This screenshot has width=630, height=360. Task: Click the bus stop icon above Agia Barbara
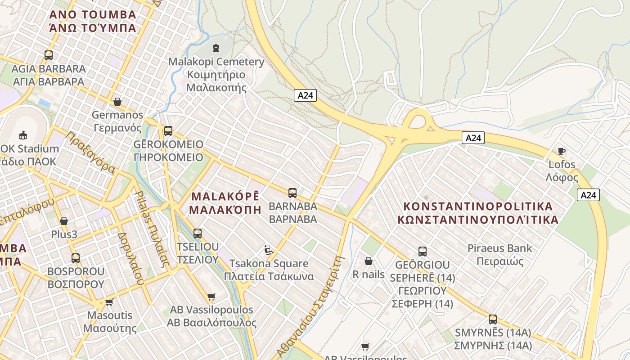[x=49, y=55]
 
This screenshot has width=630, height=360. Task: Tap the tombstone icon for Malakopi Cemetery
[x=216, y=48]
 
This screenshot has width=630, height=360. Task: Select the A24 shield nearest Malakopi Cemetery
[x=306, y=95]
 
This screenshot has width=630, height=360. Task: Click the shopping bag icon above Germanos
[x=117, y=102]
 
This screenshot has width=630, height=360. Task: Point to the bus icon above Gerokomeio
[x=168, y=131]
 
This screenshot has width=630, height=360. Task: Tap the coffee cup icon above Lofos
[x=561, y=151]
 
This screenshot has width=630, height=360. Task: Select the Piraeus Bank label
[x=499, y=255]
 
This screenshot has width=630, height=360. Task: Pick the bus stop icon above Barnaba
[x=292, y=193]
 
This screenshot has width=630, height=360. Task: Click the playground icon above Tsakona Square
[x=269, y=250]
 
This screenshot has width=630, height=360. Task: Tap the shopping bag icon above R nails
[x=369, y=261]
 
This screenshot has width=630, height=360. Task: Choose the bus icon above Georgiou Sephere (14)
[x=422, y=252]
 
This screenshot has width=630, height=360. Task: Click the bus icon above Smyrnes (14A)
[x=493, y=319]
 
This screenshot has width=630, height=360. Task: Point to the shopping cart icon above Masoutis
[x=109, y=302]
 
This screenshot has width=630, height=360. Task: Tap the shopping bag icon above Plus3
[x=64, y=221]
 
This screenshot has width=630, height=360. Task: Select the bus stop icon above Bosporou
[x=76, y=258]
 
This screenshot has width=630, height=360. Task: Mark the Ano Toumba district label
[x=93, y=21]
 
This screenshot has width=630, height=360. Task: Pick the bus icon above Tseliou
[x=198, y=234]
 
